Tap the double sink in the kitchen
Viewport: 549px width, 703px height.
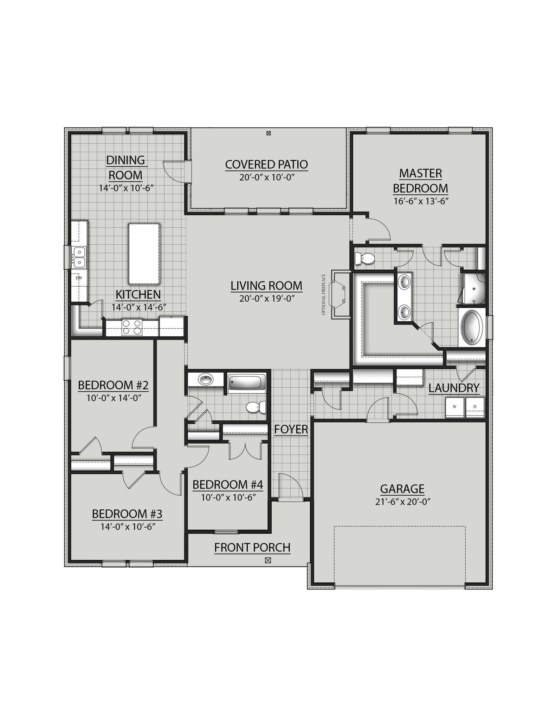click(79, 257)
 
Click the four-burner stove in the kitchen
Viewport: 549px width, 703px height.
click(132, 327)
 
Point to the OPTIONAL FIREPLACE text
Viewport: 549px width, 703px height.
click(324, 295)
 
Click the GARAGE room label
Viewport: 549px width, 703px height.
click(402, 489)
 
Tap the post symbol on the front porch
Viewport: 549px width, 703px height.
click(268, 560)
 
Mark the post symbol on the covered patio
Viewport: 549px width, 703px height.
click(269, 133)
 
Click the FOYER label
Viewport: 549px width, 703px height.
click(291, 429)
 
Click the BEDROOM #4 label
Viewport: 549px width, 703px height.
click(227, 485)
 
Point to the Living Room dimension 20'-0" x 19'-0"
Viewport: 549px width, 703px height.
click(266, 298)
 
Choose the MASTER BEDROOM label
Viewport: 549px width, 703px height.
click(420, 181)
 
